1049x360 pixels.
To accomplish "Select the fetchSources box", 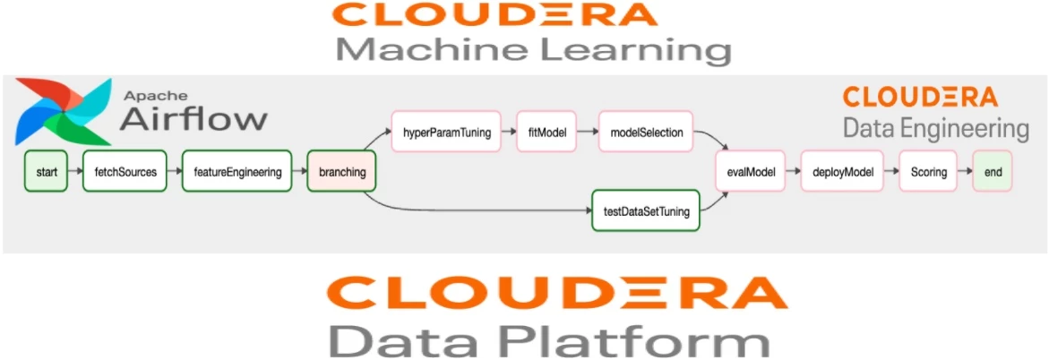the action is click(x=125, y=172).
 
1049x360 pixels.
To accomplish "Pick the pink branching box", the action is click(x=341, y=172).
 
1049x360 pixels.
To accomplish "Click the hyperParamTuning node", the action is click(x=448, y=133).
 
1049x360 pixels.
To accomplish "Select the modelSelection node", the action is click(x=646, y=133).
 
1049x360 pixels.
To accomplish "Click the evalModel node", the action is click(x=751, y=172).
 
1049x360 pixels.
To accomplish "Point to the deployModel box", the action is click(x=842, y=172).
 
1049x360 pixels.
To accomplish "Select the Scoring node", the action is click(x=929, y=172).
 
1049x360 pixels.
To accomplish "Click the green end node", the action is click(x=993, y=172).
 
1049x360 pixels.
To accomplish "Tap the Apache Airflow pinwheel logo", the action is click(x=64, y=112).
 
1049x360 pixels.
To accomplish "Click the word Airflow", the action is click(x=193, y=119).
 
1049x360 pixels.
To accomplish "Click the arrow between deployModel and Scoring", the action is click(x=891, y=172).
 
